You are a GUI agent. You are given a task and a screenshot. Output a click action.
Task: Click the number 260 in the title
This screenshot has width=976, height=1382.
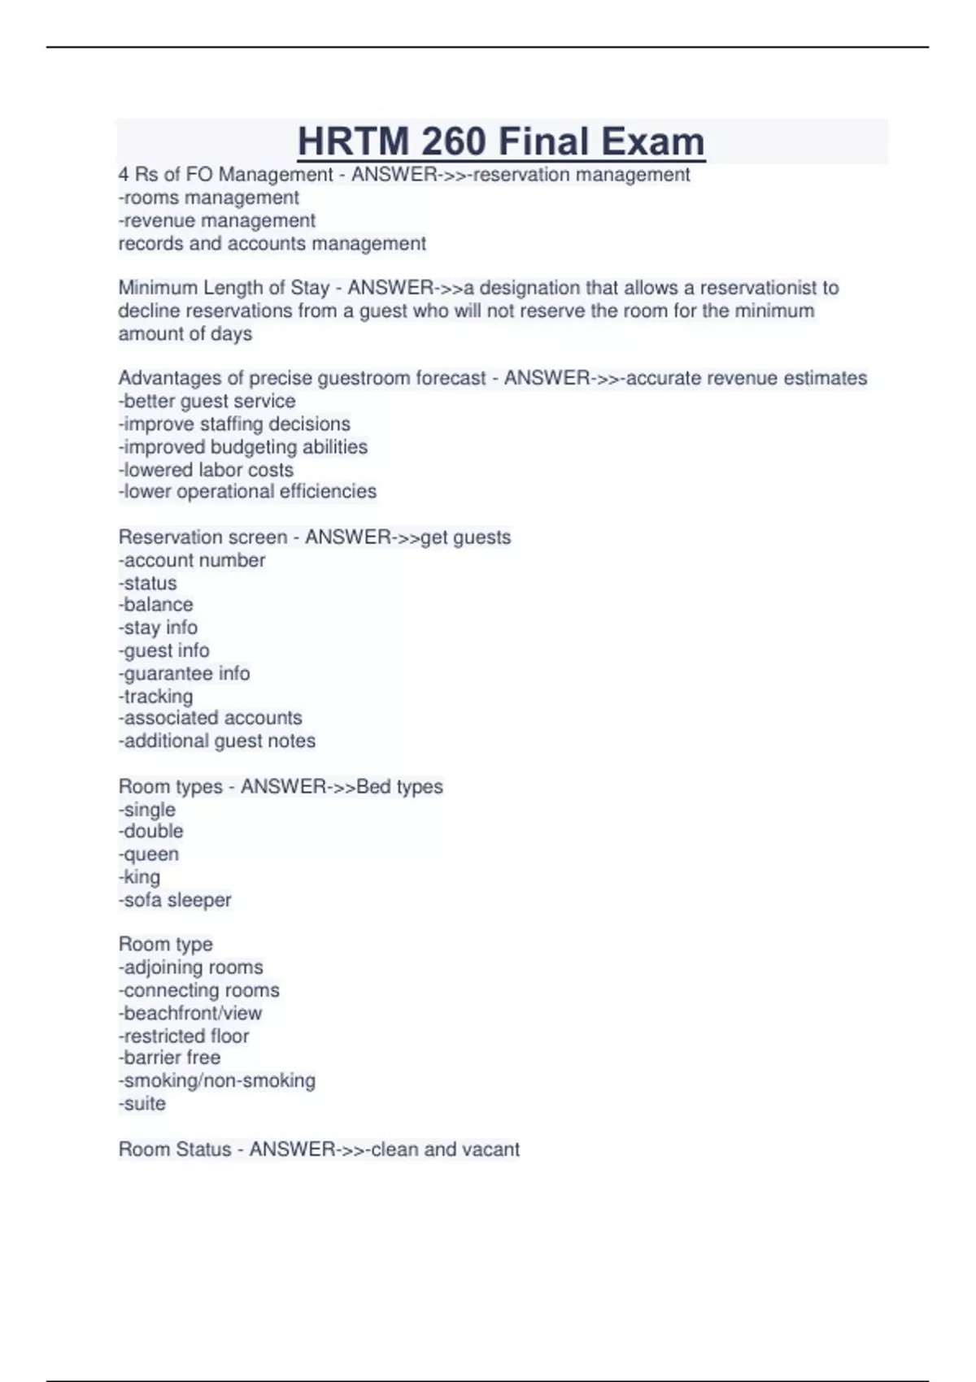click(x=456, y=141)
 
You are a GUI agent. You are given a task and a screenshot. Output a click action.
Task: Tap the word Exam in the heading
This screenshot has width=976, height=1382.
click(x=652, y=141)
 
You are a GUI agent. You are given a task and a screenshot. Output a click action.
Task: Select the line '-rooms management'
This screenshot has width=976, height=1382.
click(x=209, y=198)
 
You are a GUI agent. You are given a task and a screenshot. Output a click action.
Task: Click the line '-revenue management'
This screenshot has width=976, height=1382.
click(x=217, y=220)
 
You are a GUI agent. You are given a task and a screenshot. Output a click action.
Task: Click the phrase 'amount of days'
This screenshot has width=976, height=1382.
click(x=185, y=333)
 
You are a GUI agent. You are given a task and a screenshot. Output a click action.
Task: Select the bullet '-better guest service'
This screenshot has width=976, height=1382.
click(x=207, y=401)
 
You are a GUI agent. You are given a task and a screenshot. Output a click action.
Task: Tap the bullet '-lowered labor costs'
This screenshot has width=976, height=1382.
click(x=206, y=469)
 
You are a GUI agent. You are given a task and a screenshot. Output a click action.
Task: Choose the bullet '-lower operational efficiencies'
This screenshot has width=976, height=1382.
click(x=247, y=491)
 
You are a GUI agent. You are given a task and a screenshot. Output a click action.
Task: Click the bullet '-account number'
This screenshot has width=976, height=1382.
click(x=192, y=560)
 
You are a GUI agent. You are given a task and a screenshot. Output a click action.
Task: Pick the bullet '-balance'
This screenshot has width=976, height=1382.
click(x=155, y=604)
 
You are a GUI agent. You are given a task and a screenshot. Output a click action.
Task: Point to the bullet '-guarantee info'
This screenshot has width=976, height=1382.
click(x=184, y=673)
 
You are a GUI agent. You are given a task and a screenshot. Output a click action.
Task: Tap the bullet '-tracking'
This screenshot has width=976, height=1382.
click(x=155, y=696)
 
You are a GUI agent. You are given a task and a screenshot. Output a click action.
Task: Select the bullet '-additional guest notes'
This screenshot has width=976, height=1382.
click(x=217, y=741)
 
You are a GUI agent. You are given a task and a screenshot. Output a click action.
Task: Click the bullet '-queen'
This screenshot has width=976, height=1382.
click(x=149, y=854)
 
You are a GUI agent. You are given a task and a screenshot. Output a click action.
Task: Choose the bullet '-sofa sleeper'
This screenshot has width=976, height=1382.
click(x=175, y=900)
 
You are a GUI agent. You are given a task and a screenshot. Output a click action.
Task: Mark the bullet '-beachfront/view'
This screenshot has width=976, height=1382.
click(x=190, y=1013)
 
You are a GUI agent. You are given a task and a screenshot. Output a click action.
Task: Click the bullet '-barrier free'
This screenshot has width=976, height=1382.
click(x=169, y=1058)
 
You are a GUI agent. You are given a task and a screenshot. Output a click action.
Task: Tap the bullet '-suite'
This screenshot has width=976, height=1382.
click(x=142, y=1103)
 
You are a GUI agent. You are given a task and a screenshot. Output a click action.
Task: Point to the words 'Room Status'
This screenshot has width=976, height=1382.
click(x=175, y=1149)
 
